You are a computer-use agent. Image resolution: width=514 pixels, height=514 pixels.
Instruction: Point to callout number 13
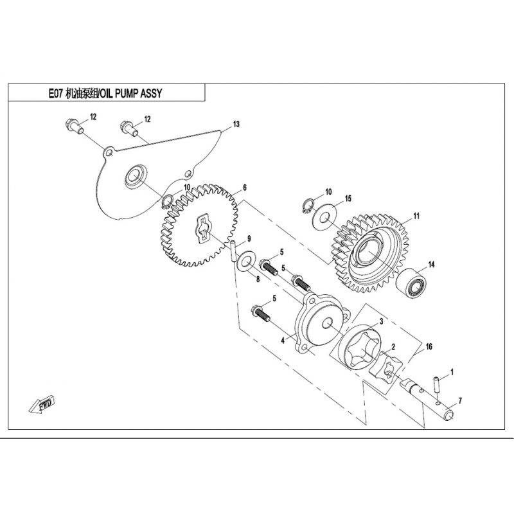236,123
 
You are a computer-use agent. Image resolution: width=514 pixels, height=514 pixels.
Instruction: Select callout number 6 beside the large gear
245,189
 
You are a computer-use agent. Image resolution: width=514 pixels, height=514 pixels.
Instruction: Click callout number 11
416,216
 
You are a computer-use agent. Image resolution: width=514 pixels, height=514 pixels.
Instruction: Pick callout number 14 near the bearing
432,263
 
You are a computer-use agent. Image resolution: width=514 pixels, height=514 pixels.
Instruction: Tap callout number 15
348,199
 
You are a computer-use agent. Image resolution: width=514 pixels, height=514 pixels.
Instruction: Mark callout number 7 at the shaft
460,401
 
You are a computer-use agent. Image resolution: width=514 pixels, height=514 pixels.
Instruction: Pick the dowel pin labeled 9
233,250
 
